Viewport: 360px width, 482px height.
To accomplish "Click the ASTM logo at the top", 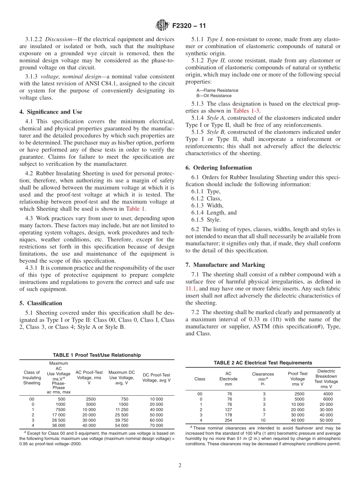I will click(162, 26).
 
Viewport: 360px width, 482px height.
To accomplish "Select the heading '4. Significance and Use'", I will click(51, 112).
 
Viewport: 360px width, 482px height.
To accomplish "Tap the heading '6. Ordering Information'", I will click(218, 167).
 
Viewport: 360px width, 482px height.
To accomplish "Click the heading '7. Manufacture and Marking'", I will click(225, 264).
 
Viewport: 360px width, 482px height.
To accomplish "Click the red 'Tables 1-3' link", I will click(246, 111).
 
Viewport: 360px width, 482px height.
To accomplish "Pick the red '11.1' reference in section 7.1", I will click(191, 288).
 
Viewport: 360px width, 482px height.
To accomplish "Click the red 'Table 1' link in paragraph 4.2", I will click(135, 209).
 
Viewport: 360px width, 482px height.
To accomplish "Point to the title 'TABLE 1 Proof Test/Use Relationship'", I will click(97, 355).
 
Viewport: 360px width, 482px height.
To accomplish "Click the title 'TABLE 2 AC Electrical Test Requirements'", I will click(263, 363).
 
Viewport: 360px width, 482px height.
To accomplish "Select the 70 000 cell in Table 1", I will click(156, 426).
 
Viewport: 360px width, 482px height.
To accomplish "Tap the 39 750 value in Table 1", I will click(122, 420).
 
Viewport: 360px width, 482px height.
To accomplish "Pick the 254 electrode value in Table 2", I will click(228, 420).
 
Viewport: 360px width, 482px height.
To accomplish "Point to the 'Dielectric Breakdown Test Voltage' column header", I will click(326, 379).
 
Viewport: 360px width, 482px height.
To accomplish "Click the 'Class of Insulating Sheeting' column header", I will click(32, 377).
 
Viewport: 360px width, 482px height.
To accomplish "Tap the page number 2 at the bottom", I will click(180, 465).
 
